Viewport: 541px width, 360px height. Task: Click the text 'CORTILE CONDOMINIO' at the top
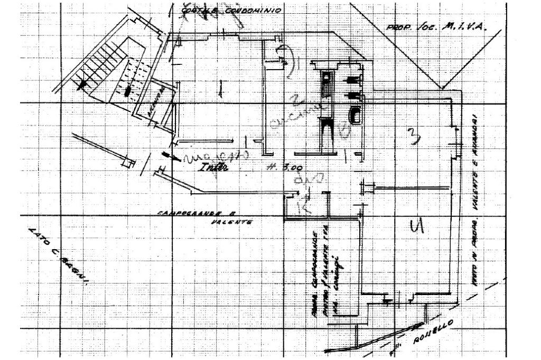tap(231, 10)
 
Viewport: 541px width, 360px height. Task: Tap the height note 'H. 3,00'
tap(285, 168)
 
